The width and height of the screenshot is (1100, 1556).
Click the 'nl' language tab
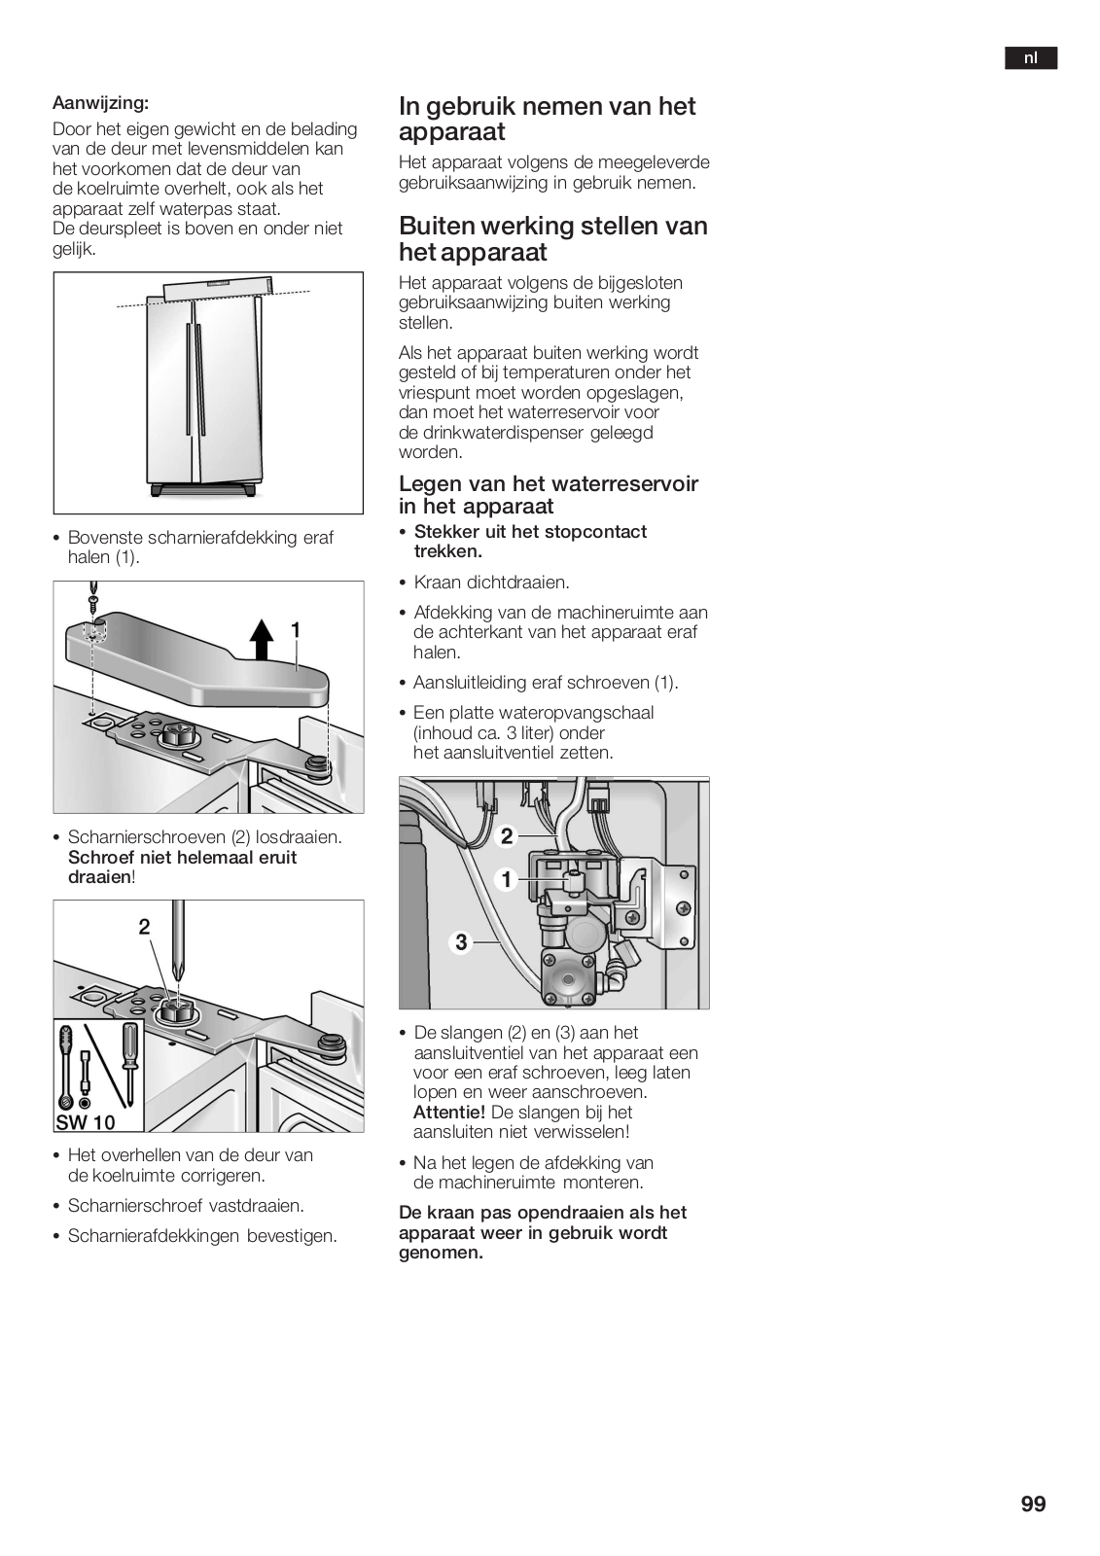1030,58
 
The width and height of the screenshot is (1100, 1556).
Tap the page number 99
1033,1504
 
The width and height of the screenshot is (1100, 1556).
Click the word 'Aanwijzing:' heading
100,102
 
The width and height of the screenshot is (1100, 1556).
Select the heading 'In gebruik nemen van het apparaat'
547,119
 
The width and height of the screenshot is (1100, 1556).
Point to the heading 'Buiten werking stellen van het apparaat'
552,239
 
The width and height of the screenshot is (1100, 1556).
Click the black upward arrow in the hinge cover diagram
261,638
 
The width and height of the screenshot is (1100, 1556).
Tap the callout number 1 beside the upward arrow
296,630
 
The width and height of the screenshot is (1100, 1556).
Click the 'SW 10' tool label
86,1122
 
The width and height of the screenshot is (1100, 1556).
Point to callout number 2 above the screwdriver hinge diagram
144,927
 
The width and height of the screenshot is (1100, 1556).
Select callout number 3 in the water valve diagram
461,941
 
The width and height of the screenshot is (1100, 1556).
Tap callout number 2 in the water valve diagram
507,836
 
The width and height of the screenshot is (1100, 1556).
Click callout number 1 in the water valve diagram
507,880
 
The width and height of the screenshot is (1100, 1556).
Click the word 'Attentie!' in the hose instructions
448,1112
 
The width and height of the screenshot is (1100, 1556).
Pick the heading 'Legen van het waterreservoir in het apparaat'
548,495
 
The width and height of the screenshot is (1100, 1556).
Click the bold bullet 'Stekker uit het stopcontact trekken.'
530,542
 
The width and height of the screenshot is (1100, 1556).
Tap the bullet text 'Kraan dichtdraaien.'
491,583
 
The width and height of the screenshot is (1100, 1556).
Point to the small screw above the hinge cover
94,594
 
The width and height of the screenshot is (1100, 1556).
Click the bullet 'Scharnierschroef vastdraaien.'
186,1206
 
